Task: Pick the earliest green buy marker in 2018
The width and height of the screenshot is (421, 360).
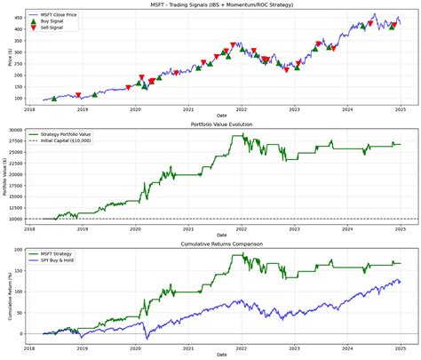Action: pyautogui.click(x=54, y=99)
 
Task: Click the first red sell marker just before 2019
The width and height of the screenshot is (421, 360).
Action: pyautogui.click(x=78, y=95)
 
